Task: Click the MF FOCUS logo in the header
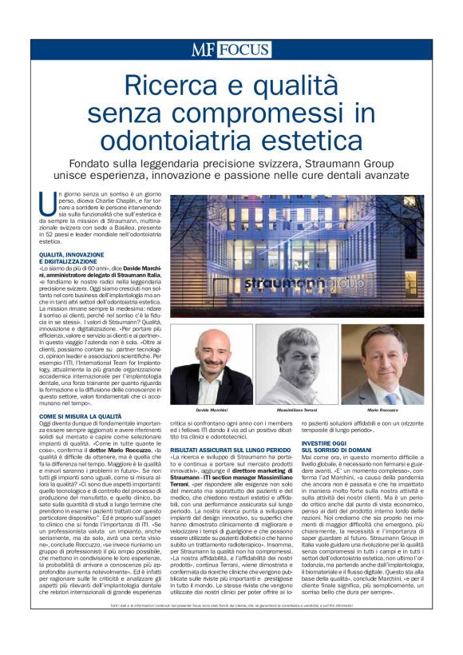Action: tap(230, 50)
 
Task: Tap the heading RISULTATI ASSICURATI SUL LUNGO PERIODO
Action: tap(231, 451)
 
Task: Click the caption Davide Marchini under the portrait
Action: tap(210, 409)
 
